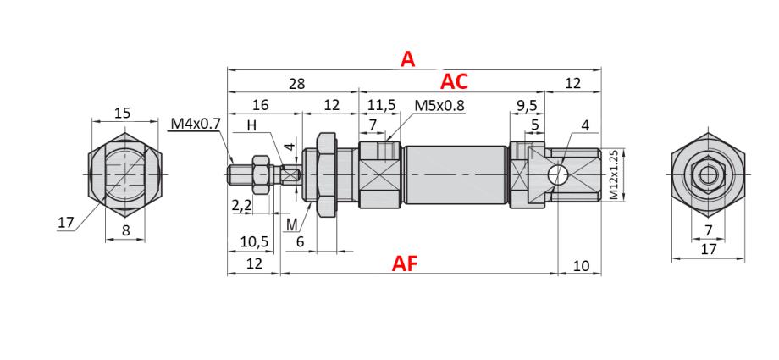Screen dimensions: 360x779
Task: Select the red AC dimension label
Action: [x=454, y=81]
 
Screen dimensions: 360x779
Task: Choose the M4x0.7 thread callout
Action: [x=195, y=124]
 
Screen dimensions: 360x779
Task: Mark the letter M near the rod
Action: [x=292, y=224]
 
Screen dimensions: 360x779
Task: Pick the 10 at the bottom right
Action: [x=581, y=265]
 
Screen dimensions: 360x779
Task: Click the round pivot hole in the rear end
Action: [x=557, y=175]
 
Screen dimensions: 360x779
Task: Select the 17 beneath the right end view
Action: [x=709, y=250]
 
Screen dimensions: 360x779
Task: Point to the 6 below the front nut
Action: [x=301, y=241]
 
